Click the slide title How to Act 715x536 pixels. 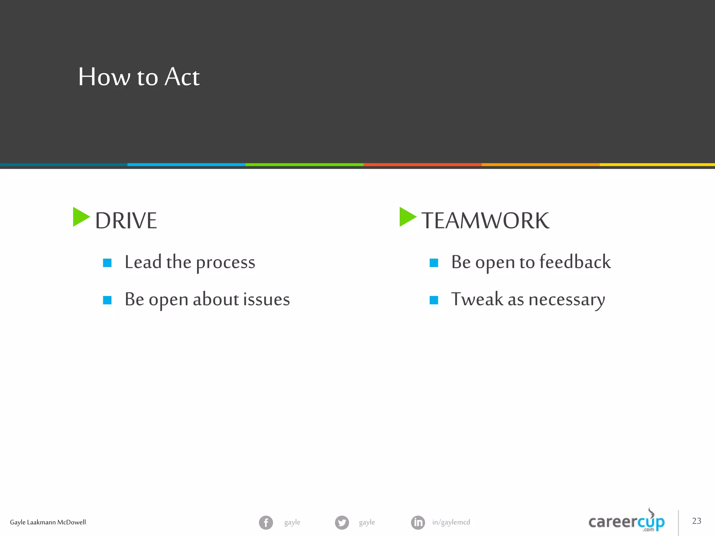(139, 77)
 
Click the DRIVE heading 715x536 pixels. (126, 221)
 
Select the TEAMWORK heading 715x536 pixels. (485, 221)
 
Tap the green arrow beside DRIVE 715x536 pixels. (80, 217)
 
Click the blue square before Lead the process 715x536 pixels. (107, 263)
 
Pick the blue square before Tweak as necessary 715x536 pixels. (434, 300)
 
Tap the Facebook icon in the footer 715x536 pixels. (266, 522)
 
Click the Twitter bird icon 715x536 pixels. (342, 522)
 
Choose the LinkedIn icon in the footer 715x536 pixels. (418, 522)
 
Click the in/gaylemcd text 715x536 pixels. (451, 522)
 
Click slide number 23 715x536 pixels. (696, 521)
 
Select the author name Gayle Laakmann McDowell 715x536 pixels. (48, 522)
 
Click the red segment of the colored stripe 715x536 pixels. (422, 164)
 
